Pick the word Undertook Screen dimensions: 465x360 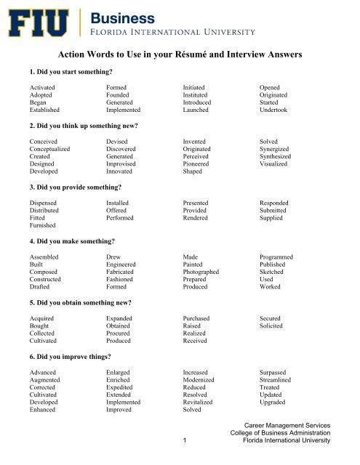(276, 111)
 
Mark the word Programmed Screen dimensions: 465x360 (280, 256)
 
